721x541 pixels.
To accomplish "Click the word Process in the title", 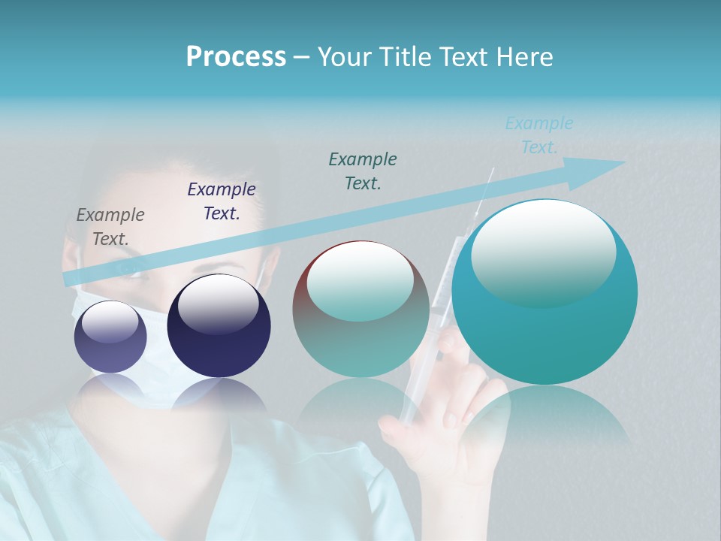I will [235, 57].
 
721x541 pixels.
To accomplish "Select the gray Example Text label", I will [110, 227].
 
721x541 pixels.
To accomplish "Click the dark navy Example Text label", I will [222, 201].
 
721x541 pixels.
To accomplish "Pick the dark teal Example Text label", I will [363, 171].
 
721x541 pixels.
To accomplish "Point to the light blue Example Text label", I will [538, 135].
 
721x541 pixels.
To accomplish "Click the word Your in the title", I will [344, 57].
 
